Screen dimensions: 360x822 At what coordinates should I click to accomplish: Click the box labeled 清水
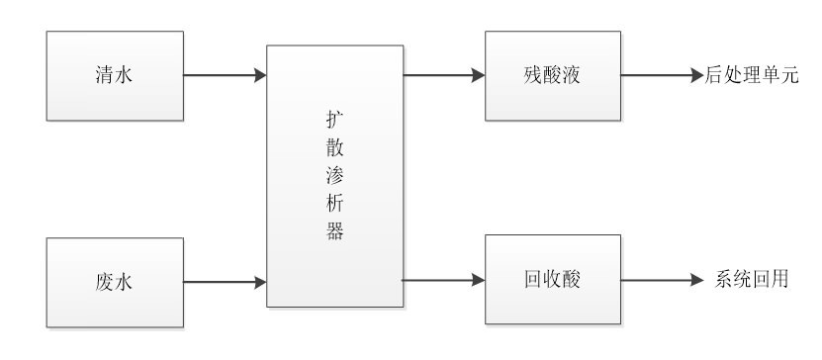click(114, 76)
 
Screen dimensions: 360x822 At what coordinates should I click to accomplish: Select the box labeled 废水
click(114, 282)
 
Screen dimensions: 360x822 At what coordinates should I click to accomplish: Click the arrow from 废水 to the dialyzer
click(226, 283)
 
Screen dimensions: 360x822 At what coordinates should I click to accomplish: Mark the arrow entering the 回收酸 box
click(443, 281)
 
